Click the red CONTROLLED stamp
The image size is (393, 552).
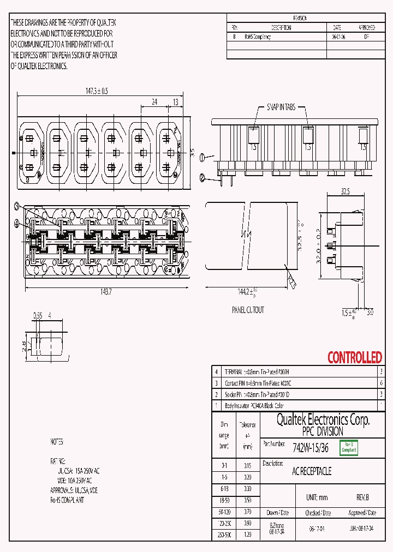354,358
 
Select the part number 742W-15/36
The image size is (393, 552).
311,448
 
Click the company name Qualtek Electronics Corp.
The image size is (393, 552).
323,419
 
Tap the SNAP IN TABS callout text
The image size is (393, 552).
281,107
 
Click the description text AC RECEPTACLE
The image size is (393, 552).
312,471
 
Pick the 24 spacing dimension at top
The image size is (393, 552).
154,102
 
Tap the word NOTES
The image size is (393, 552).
56,442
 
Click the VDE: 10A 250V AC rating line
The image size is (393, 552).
78,480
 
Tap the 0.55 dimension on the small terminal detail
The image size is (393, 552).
38,315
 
